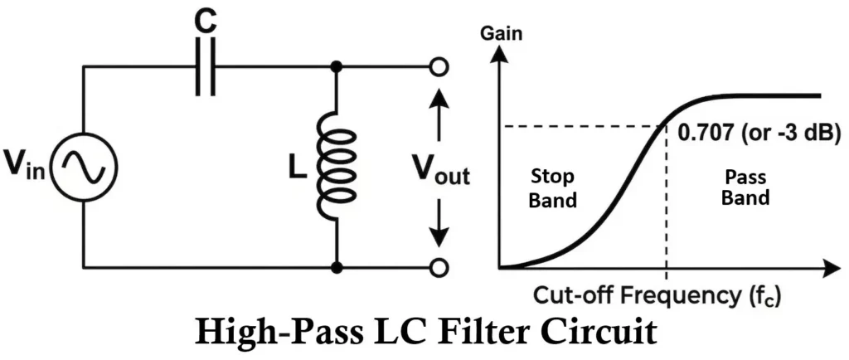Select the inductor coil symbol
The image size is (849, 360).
(x=337, y=167)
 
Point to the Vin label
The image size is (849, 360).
(x=27, y=167)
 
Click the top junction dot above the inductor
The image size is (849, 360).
(x=337, y=67)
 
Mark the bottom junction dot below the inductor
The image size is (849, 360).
(x=337, y=268)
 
